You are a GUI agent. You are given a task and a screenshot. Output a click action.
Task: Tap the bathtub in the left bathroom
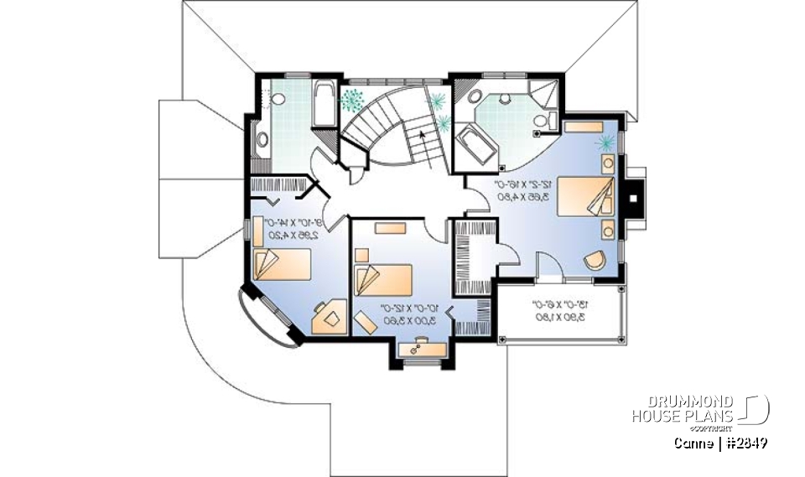coord(324,106)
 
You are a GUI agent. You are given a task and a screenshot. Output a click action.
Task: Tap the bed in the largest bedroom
coord(588,198)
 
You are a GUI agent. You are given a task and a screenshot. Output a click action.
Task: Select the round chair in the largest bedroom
coord(595,260)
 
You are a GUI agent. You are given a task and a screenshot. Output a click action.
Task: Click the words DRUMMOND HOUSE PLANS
coord(683,407)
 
